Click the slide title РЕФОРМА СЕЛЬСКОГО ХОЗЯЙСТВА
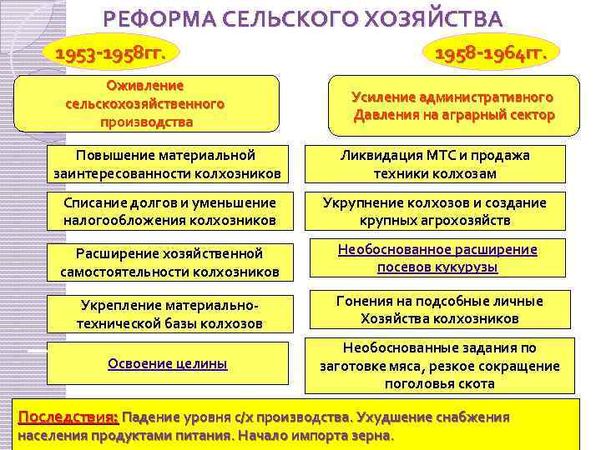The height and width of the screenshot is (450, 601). (304, 18)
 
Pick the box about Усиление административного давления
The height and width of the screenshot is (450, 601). (452, 106)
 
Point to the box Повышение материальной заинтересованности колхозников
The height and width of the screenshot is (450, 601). (165, 164)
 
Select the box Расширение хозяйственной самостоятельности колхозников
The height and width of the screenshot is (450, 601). (169, 262)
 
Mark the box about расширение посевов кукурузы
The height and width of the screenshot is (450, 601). (437, 258)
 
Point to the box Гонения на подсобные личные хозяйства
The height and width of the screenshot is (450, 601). (439, 309)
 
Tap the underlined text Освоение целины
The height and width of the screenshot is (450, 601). (167, 363)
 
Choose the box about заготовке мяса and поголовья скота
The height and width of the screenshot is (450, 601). (439, 366)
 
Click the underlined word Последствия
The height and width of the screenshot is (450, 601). (68, 416)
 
